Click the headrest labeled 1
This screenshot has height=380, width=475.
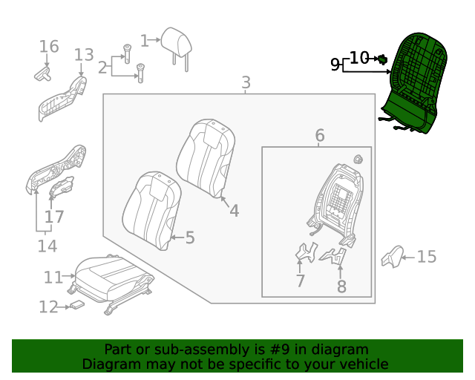pyautogui.click(x=177, y=44)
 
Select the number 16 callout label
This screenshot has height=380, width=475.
pyautogui.click(x=49, y=47)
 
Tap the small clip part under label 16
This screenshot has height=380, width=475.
pyautogui.click(x=42, y=73)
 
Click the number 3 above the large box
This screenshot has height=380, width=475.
pyautogui.click(x=246, y=82)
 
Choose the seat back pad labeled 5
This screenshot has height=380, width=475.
pyautogui.click(x=151, y=209)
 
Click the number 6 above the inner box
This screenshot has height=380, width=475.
pyautogui.click(x=320, y=136)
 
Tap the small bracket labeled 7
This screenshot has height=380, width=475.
pyautogui.click(x=304, y=255)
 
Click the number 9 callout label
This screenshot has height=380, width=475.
pyautogui.click(x=335, y=65)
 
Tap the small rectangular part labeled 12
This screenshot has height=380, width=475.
pyautogui.click(x=77, y=305)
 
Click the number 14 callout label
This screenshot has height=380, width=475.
pyautogui.click(x=47, y=246)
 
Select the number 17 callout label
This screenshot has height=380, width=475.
pyautogui.click(x=54, y=217)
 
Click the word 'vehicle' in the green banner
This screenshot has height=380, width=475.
pyautogui.click(x=361, y=364)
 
